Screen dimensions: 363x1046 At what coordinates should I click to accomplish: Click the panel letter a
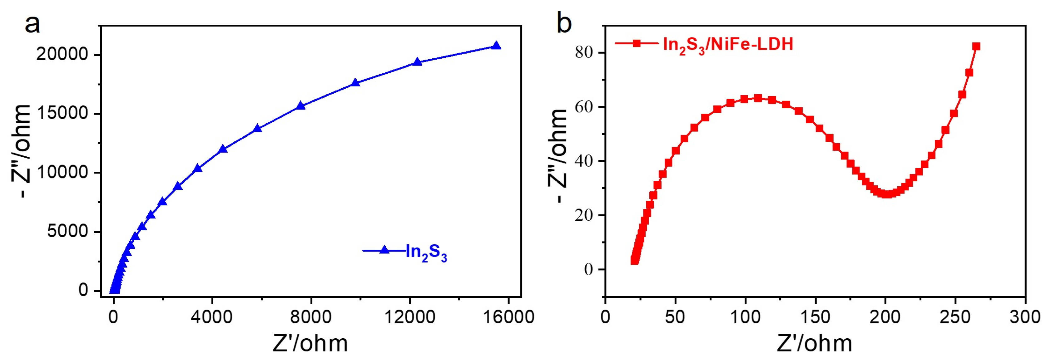[32, 23]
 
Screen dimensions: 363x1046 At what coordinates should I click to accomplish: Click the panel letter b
[564, 23]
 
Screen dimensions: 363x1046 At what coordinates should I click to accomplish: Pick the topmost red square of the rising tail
[976, 47]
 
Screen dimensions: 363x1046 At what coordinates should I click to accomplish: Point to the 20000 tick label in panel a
[62, 54]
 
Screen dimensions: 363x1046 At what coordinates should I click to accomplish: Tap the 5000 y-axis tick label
[67, 232]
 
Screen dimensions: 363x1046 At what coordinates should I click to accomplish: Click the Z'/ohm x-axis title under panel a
[310, 344]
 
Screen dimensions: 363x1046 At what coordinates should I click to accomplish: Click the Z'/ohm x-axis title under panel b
[815, 344]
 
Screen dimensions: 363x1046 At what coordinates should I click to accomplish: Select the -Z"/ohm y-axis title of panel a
[21, 151]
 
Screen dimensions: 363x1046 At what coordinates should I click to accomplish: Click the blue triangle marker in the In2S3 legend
[384, 250]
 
